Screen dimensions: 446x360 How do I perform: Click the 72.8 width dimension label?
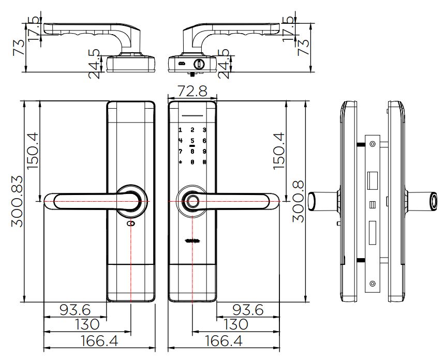click(x=192, y=91)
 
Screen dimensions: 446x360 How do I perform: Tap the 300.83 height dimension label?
click(x=17, y=201)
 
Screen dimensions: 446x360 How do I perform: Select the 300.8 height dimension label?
click(x=299, y=201)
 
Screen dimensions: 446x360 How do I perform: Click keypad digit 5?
click(x=192, y=141)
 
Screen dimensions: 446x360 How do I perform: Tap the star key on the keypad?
click(x=181, y=162)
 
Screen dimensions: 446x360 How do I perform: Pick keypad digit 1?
click(x=181, y=130)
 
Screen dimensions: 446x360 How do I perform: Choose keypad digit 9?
click(x=204, y=152)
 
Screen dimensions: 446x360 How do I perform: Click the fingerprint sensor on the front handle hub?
click(x=192, y=201)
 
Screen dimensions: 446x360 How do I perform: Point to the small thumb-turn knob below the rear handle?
click(x=131, y=224)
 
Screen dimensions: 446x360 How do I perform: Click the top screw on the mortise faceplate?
click(x=373, y=144)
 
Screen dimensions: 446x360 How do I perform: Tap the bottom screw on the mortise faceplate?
click(x=373, y=283)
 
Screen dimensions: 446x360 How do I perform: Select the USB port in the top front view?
click(x=182, y=64)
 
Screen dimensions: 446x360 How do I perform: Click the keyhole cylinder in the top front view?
click(x=198, y=64)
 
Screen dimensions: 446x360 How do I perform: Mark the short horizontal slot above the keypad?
click(x=192, y=116)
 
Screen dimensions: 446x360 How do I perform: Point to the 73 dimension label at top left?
click(x=19, y=48)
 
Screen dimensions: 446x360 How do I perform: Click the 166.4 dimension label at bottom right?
click(x=224, y=341)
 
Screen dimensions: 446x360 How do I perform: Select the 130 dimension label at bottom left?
click(x=87, y=324)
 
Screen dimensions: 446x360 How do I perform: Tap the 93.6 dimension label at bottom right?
click(x=248, y=310)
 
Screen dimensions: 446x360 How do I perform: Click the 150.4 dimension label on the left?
click(x=33, y=151)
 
